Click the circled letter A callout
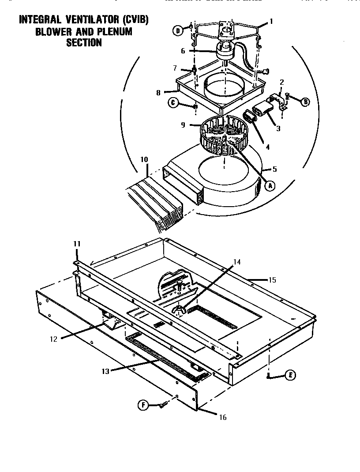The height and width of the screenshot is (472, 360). [270, 186]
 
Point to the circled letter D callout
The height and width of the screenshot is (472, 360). [177, 30]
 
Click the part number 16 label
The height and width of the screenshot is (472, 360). [223, 417]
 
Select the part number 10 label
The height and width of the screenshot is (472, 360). [144, 159]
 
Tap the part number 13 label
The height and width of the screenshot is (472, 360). [105, 371]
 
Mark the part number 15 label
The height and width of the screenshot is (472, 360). [272, 279]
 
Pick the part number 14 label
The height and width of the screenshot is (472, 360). [237, 262]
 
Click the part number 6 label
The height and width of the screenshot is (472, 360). [183, 51]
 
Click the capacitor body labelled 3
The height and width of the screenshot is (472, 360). [264, 109]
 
